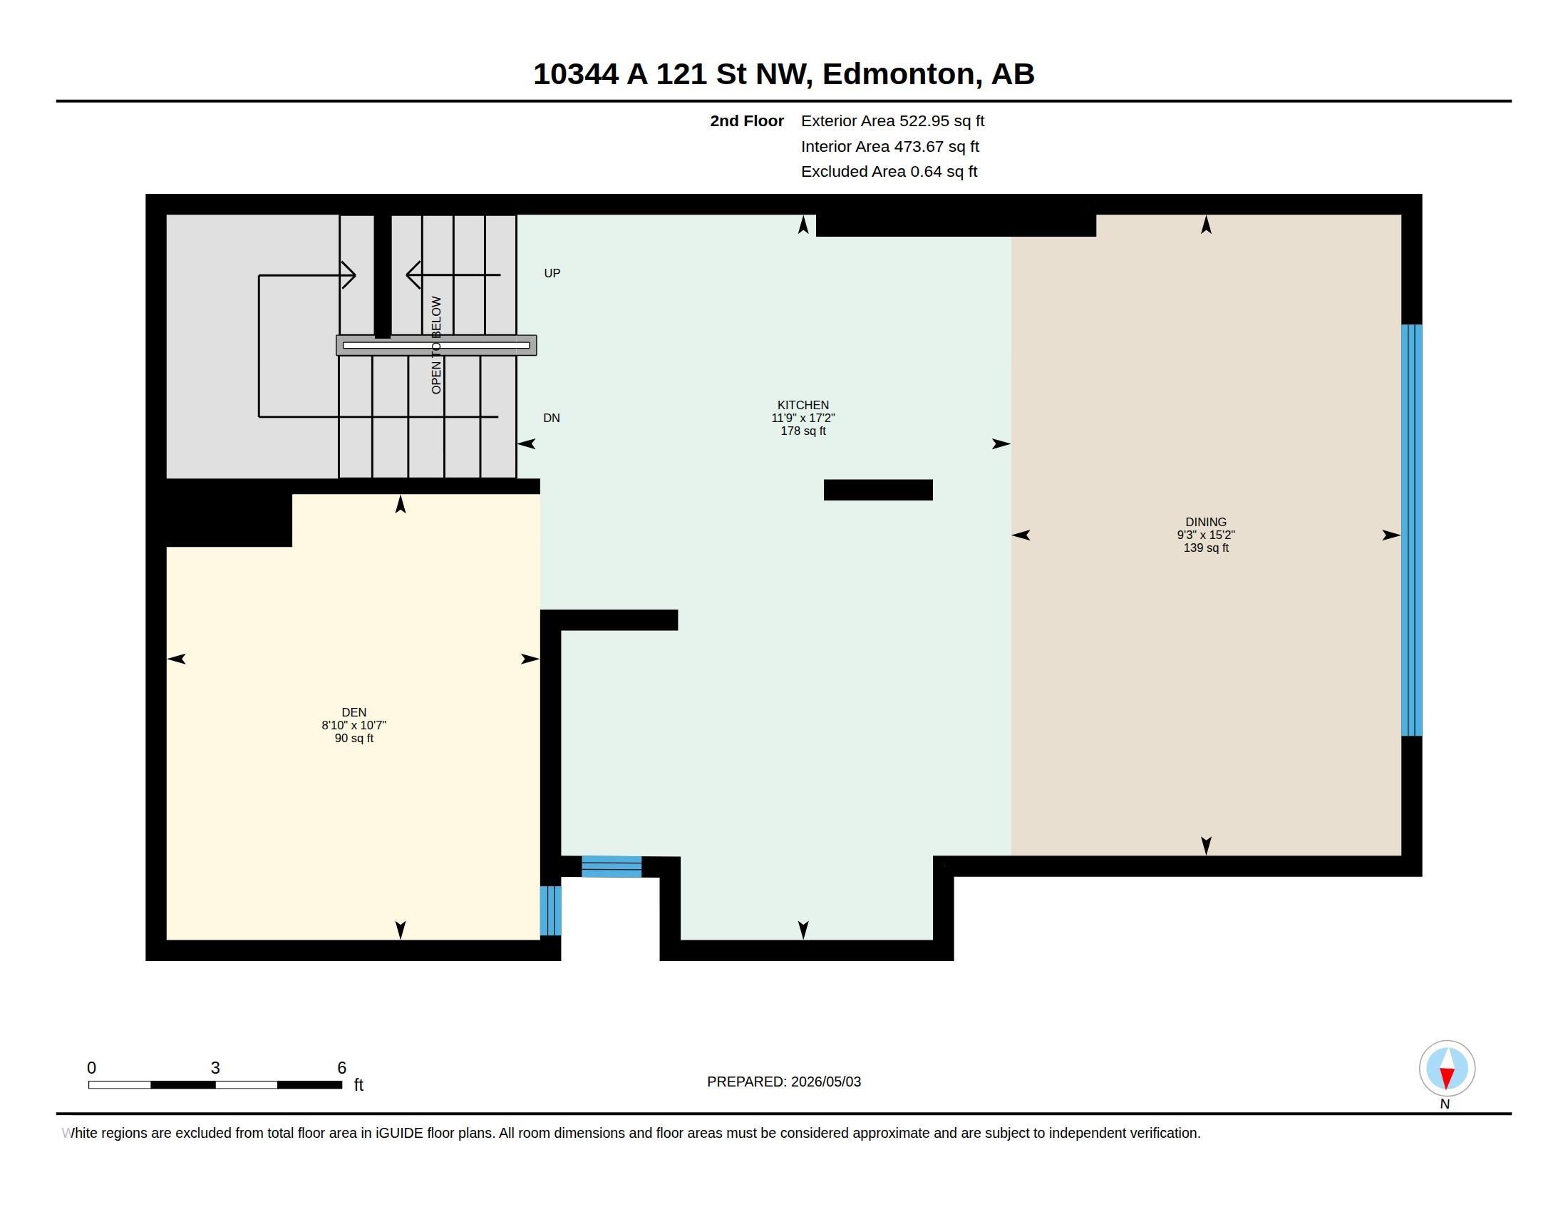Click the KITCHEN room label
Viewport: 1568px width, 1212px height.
tap(803, 405)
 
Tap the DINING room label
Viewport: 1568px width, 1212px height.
tap(1205, 522)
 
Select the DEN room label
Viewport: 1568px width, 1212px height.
tap(354, 712)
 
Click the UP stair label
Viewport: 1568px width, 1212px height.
tap(552, 273)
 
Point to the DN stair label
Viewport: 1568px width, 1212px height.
tap(552, 418)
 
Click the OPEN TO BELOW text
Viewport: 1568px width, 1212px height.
tap(436, 344)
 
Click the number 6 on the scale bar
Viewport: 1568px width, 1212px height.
tap(341, 1068)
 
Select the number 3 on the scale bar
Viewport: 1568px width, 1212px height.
tap(215, 1068)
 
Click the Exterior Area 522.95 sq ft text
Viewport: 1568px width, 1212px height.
tap(892, 120)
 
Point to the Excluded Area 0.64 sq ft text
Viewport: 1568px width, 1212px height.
tap(889, 171)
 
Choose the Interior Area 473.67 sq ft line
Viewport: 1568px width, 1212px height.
tap(889, 146)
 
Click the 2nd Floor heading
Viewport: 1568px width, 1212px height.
tap(747, 120)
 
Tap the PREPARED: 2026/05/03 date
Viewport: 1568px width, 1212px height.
tap(784, 1082)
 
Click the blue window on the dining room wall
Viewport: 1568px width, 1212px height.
tap(1411, 530)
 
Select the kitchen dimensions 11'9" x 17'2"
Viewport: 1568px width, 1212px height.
tap(803, 418)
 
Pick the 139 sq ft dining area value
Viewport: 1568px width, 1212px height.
tap(1205, 548)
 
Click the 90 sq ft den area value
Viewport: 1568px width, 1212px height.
tap(354, 738)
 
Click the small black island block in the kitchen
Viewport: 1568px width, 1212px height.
tap(878, 490)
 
